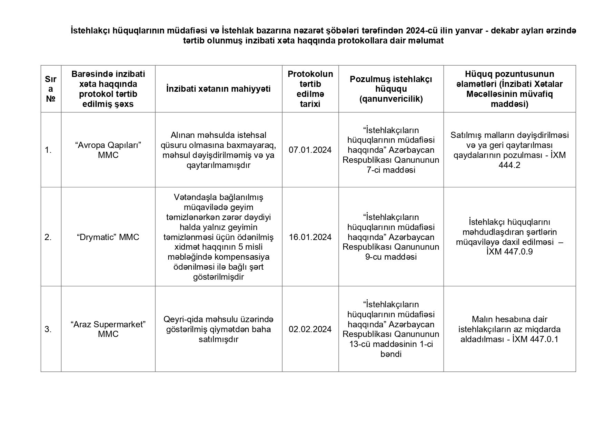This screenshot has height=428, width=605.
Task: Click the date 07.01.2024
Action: coord(310,150)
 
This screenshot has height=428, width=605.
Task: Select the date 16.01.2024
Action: coord(310,237)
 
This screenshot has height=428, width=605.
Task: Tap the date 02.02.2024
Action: coord(310,329)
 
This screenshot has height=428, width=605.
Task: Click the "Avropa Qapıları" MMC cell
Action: coord(108,150)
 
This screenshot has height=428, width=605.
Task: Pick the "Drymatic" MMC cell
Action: coord(108,237)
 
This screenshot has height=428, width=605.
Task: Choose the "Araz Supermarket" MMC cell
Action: coord(108,329)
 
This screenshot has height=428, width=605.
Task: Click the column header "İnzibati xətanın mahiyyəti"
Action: coord(218,89)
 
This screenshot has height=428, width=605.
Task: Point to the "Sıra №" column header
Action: coord(51,89)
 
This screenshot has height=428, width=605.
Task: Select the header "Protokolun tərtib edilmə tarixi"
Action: coord(310,89)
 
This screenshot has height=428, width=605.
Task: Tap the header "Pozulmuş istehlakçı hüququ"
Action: coord(391,89)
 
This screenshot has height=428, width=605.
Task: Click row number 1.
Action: coord(48,150)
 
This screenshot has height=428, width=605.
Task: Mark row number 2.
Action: coord(48,237)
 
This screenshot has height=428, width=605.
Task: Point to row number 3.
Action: coord(48,329)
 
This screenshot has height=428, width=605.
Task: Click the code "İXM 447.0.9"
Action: coord(509,252)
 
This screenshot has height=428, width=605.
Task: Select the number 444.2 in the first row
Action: coord(509,165)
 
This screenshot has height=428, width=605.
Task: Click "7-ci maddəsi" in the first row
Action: coord(391,170)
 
